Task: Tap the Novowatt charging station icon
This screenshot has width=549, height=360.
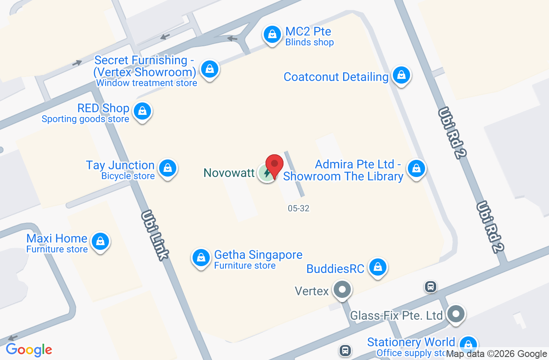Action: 266,173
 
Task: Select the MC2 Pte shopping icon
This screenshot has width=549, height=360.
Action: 271,34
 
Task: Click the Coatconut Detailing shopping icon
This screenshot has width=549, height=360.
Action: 401,75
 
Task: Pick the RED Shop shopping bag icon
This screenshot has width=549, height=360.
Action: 142,111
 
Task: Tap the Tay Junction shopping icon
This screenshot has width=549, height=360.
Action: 167,168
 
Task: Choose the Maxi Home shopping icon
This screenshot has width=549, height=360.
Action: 100,241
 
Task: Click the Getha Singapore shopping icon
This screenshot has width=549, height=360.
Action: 201,258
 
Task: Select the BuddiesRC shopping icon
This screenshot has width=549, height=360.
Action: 378,267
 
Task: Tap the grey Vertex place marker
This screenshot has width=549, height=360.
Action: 342,290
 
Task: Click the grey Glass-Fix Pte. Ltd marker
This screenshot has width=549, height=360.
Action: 455,314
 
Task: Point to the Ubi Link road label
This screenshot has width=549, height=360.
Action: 155,234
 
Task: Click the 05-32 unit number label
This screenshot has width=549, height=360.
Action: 299,209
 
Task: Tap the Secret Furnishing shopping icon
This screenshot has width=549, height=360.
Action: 210,69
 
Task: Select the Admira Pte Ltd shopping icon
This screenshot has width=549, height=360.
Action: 416,168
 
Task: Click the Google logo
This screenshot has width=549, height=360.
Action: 29,350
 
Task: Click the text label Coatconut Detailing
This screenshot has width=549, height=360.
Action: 336,77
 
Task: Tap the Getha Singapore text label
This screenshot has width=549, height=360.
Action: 258,255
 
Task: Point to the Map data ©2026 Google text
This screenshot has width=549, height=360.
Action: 497,354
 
